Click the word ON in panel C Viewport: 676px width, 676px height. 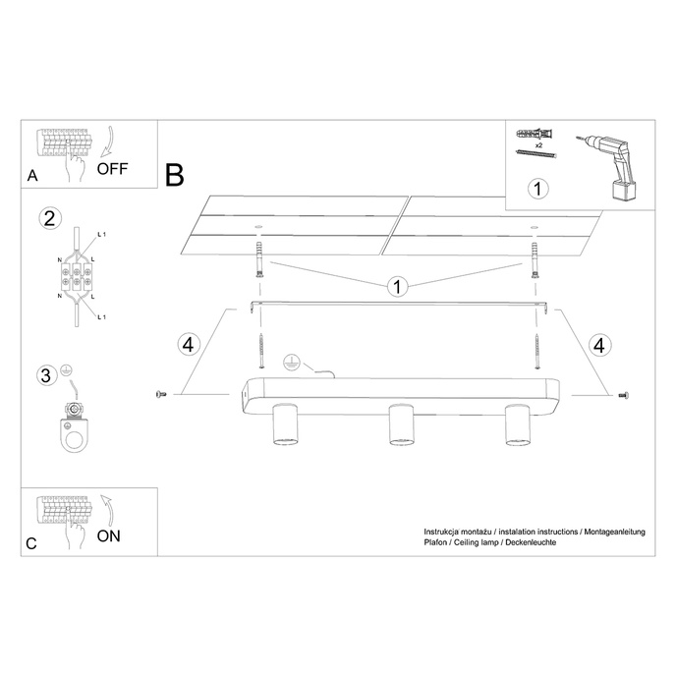click(x=109, y=536)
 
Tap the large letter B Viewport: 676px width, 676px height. click(x=175, y=176)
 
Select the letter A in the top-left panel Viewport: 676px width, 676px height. click(x=33, y=177)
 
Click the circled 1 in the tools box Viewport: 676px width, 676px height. click(x=536, y=186)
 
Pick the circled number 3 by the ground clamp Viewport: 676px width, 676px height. click(x=45, y=375)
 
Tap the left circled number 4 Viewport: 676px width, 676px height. click(x=190, y=344)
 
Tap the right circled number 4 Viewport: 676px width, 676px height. click(x=598, y=344)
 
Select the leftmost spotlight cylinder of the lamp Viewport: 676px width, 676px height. click(x=284, y=424)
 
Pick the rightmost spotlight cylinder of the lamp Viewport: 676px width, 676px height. click(x=515, y=424)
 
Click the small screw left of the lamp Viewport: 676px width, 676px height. click(x=162, y=394)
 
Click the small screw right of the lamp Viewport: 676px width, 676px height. click(x=622, y=394)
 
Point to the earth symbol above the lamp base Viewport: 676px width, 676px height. click(x=291, y=361)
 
